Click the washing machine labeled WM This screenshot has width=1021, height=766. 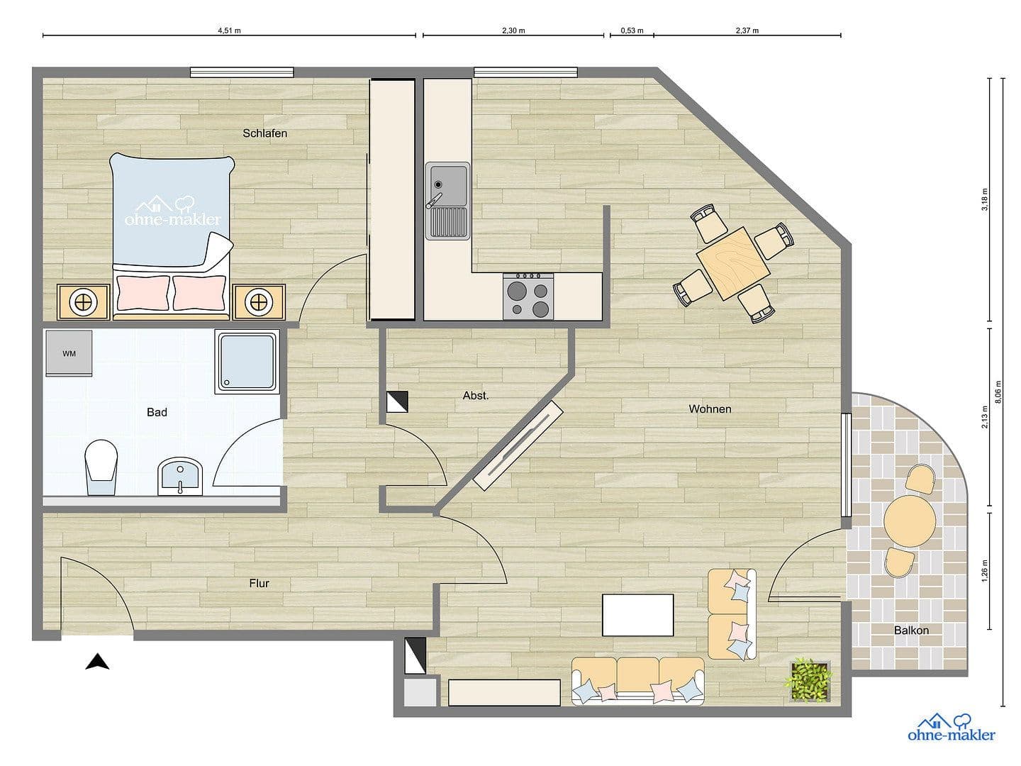point(69,353)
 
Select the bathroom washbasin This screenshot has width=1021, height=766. point(181,475)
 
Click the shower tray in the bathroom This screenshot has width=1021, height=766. point(246,362)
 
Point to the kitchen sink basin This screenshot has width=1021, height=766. point(447,184)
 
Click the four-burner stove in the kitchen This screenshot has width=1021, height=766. point(528,296)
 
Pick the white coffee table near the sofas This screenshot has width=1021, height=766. point(637,615)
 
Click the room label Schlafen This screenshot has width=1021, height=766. point(264,133)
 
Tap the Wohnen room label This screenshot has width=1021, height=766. point(710,409)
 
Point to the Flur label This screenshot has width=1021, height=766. point(259,584)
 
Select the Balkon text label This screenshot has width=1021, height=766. point(911,630)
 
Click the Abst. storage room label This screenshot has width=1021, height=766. point(476,396)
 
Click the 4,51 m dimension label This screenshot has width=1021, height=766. point(229,30)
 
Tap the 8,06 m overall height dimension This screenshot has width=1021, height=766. point(998,392)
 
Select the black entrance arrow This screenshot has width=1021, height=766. point(97,662)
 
